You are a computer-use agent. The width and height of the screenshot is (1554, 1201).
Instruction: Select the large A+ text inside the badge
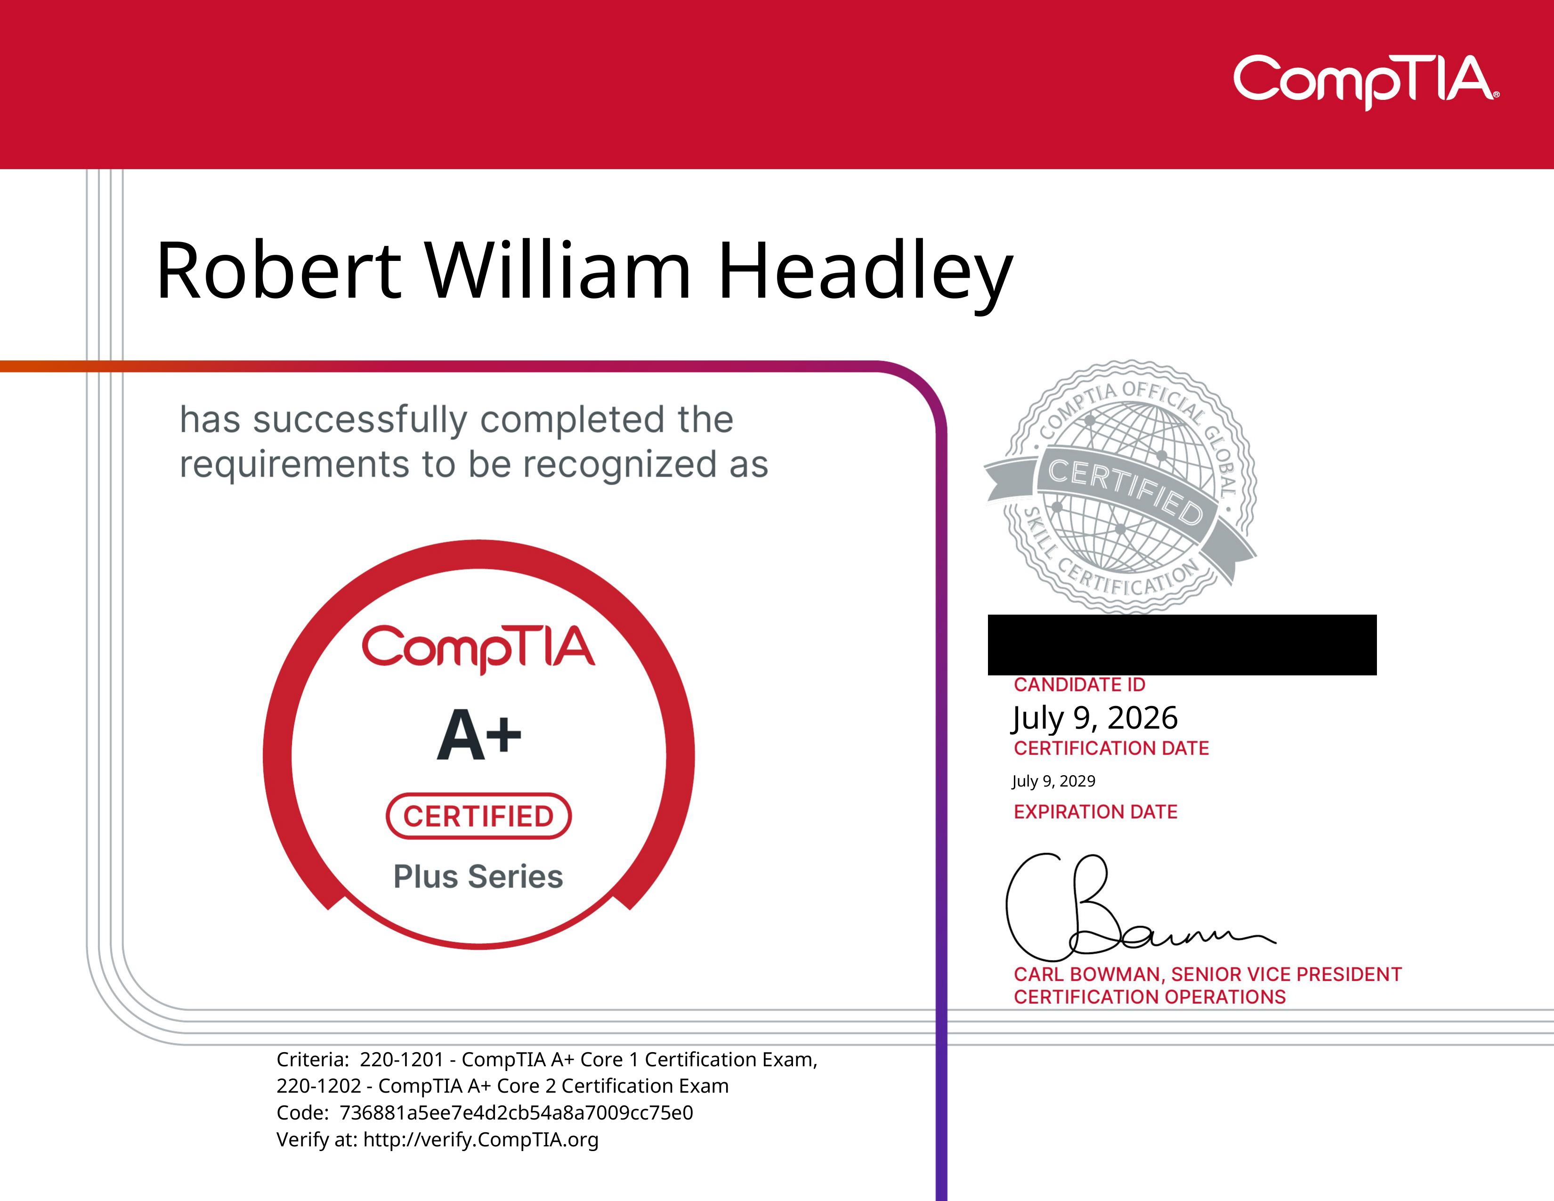(479, 735)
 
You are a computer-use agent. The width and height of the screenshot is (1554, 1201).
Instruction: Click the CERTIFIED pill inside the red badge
(479, 816)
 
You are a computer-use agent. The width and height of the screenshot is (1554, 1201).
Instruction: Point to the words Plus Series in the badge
(478, 876)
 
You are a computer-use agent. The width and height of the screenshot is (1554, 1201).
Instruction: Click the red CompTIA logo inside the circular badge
(478, 648)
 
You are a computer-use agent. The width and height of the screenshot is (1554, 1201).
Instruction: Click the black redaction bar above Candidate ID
(1182, 645)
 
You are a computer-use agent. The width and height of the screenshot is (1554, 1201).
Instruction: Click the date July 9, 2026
(1095, 718)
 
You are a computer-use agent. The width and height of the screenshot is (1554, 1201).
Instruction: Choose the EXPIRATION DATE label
(1096, 812)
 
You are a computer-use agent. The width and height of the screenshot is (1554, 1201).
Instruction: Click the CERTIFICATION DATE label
(1111, 748)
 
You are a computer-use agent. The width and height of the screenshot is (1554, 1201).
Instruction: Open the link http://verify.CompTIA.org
(481, 1140)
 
